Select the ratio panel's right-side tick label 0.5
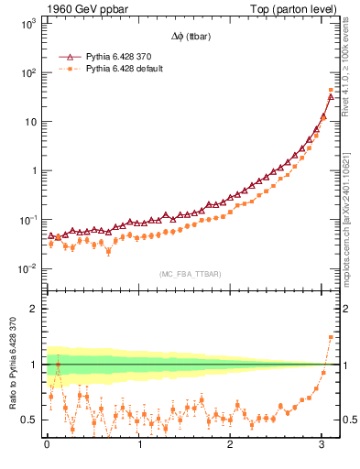tap(350, 420)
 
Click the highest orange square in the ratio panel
tap(331, 337)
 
